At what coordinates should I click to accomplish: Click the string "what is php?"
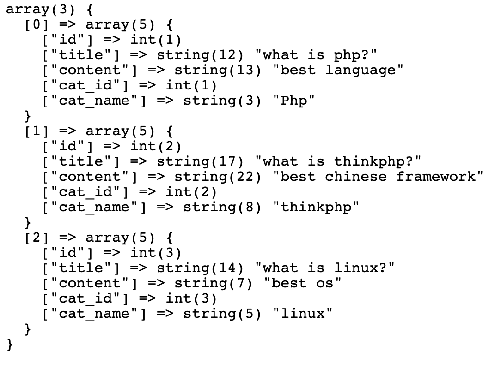tap(316, 55)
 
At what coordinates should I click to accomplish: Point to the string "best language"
tap(338, 71)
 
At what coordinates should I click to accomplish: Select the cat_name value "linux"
tap(302, 314)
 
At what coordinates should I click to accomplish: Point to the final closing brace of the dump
tap(10, 344)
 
